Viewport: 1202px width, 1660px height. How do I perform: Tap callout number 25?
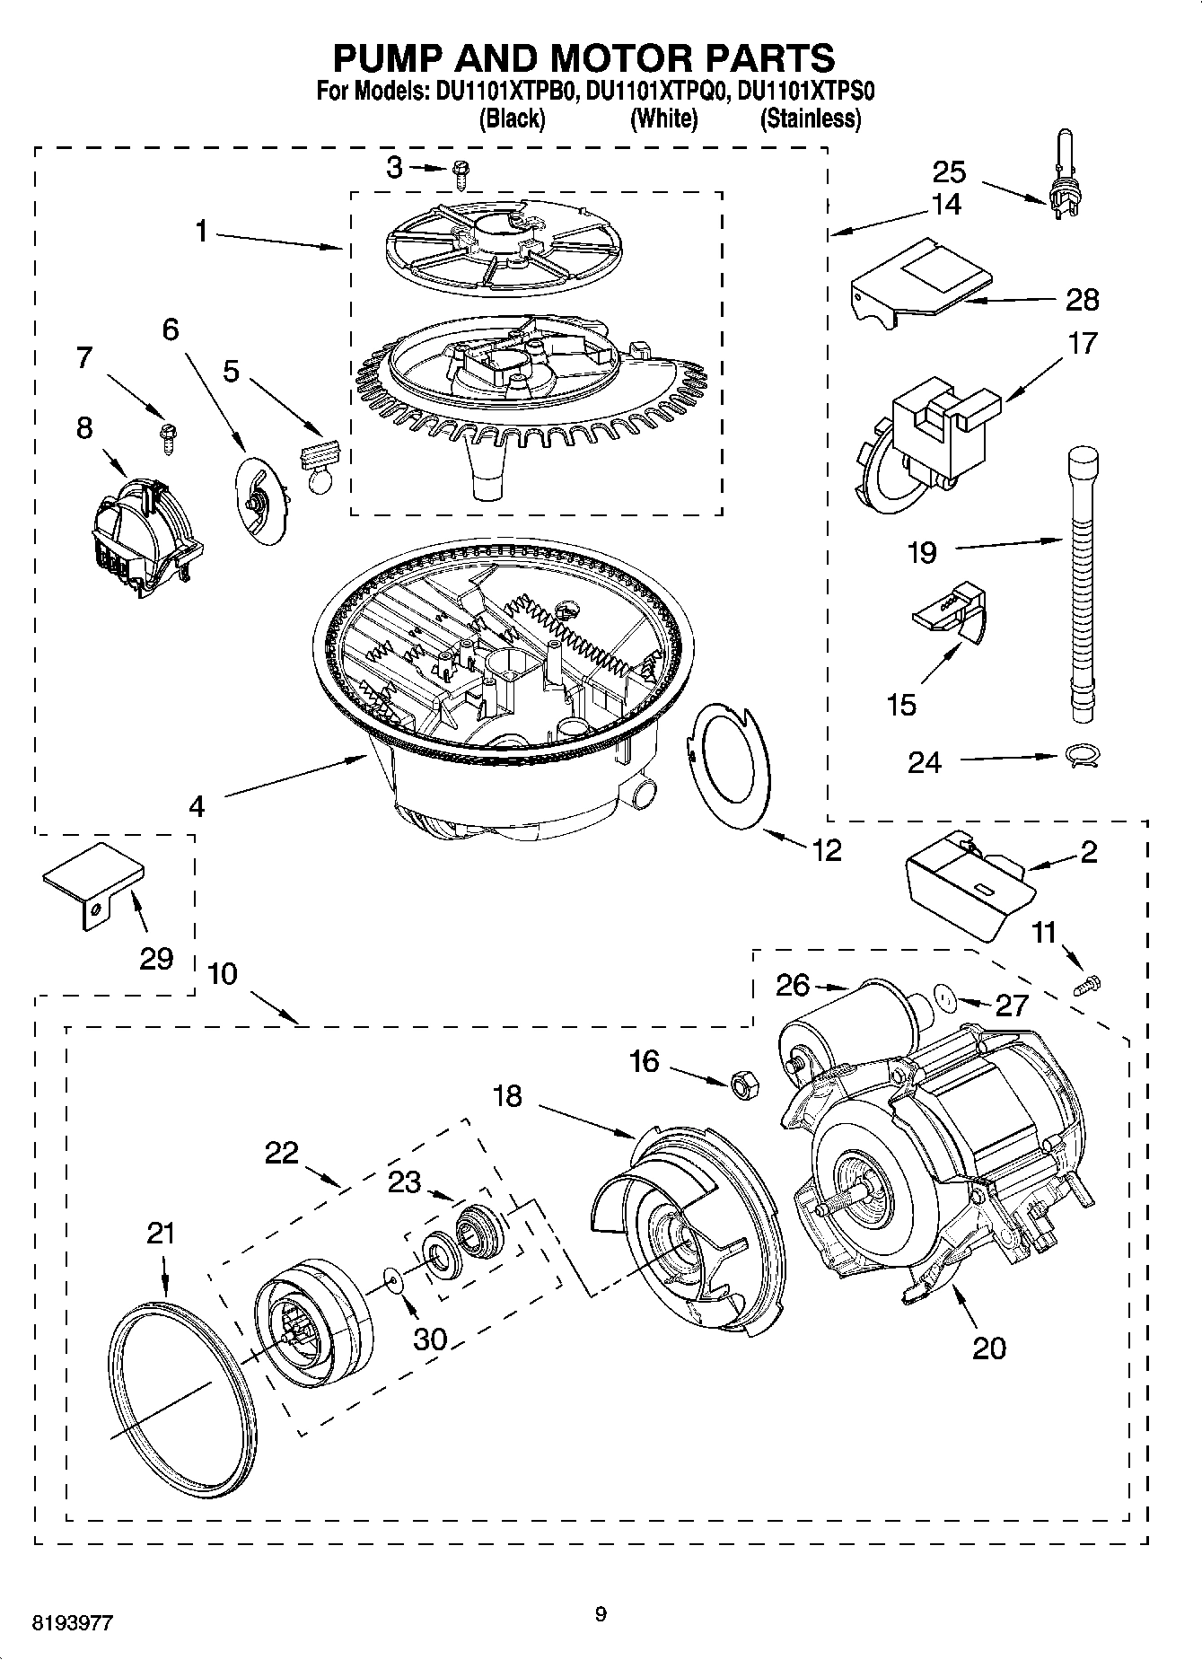(948, 171)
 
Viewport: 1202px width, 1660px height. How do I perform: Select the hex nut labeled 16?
(744, 1085)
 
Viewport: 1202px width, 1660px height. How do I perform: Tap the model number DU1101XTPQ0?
(654, 91)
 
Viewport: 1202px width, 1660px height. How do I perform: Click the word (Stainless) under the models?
(810, 119)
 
